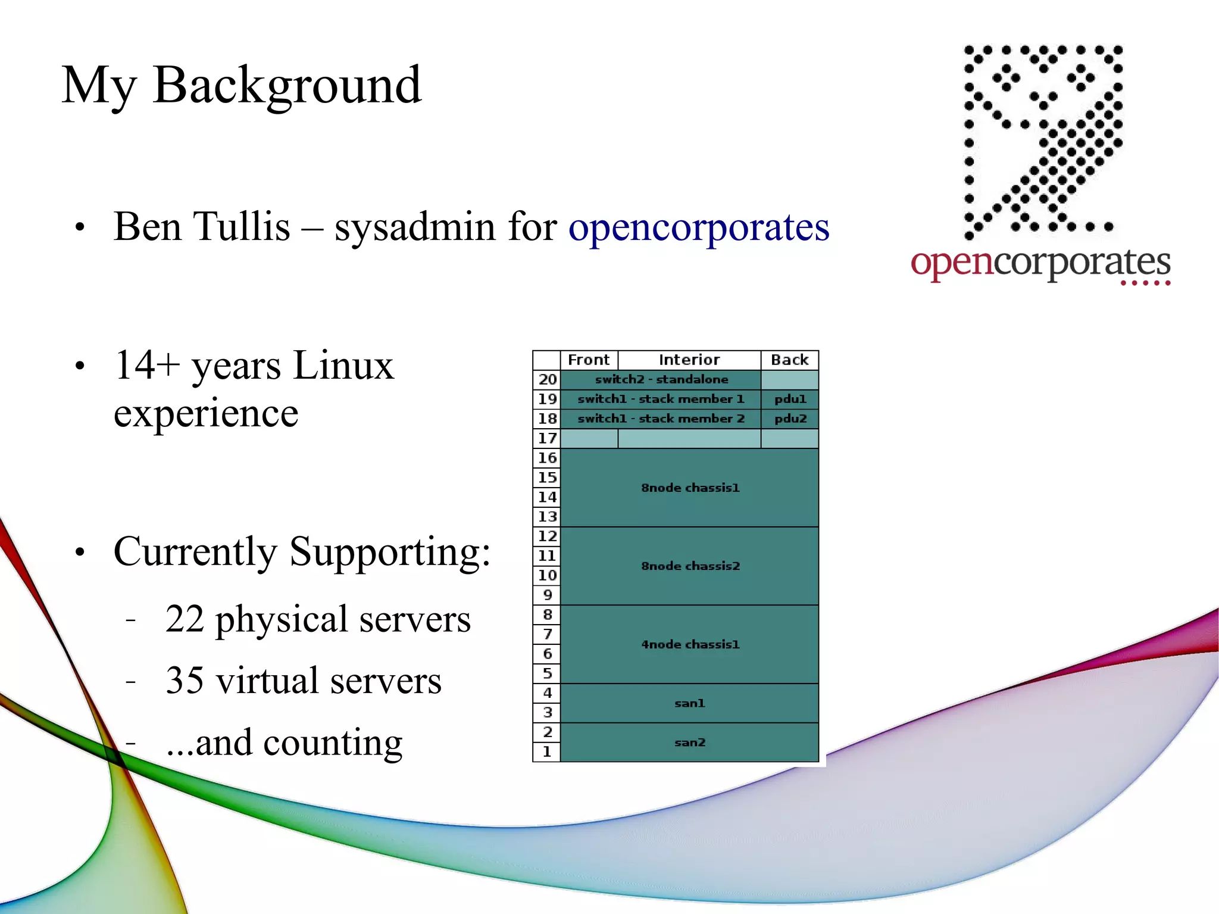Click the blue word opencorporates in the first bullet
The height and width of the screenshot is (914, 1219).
pos(698,227)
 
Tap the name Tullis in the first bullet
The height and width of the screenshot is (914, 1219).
pos(243,227)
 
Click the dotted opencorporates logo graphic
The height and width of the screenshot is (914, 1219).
pos(1043,141)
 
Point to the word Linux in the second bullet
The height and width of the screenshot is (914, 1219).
pos(343,365)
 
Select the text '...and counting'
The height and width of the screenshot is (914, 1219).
pos(284,743)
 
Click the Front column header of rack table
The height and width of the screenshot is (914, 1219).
pos(588,360)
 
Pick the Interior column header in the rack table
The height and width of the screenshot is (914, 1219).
pos(689,360)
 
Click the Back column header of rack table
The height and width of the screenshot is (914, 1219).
pos(789,360)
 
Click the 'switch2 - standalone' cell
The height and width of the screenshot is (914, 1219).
pos(661,379)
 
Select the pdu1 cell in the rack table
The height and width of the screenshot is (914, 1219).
pos(790,399)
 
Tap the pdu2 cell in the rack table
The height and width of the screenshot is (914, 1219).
pos(790,419)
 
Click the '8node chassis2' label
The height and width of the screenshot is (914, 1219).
pos(690,566)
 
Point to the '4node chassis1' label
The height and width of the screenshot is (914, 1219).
pos(690,644)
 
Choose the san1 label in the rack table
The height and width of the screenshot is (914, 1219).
pos(689,703)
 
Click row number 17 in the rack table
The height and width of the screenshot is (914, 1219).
pos(547,438)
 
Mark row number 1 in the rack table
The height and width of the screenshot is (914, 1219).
pos(547,751)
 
